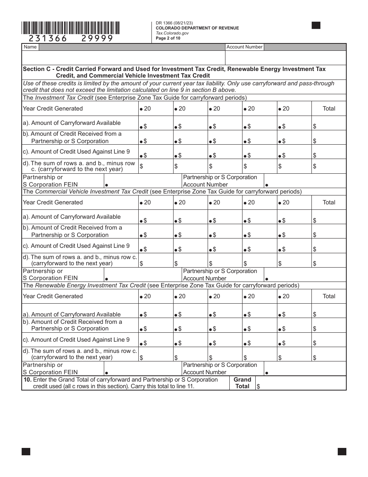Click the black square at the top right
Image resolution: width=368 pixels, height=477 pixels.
coord(316,26)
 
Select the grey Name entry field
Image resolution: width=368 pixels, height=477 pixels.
coord(132,47)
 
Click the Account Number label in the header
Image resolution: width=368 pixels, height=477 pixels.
coord(244,47)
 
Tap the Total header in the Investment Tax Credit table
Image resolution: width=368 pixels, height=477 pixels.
coord(329,109)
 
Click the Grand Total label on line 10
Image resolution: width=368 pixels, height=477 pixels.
coord(242,383)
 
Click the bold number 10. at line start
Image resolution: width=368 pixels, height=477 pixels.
coord(28,380)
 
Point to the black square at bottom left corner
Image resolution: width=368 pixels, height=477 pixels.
coord(26,451)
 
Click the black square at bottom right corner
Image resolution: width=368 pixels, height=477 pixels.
coord(342,451)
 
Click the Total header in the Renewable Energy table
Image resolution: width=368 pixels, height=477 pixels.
coord(329,296)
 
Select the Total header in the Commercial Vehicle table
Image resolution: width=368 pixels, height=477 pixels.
coord(329,202)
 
